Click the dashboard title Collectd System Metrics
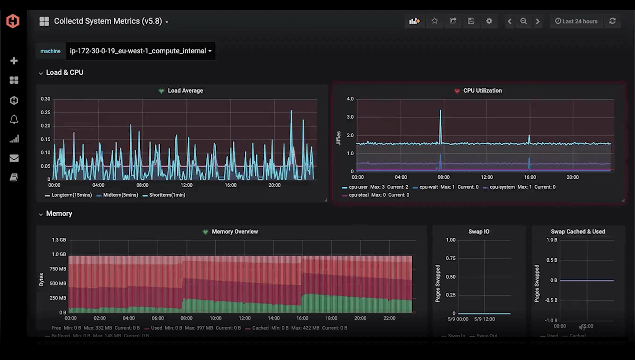(x=108, y=21)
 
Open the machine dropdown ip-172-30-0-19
(x=140, y=51)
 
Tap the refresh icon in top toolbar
(x=613, y=21)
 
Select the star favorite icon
(x=434, y=21)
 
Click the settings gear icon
(x=489, y=21)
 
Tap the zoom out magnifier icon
(x=523, y=21)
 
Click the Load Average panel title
(x=185, y=90)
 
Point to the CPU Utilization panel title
(x=482, y=90)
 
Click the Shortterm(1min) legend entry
(x=167, y=195)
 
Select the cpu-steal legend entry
(x=359, y=195)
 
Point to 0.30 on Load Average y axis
(x=45, y=99)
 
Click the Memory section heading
(x=59, y=214)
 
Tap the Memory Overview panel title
(x=235, y=232)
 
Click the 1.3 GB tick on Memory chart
(x=59, y=240)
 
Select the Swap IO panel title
(x=478, y=232)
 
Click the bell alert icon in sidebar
(x=14, y=120)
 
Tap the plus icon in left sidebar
(x=14, y=61)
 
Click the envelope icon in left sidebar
(x=14, y=158)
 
